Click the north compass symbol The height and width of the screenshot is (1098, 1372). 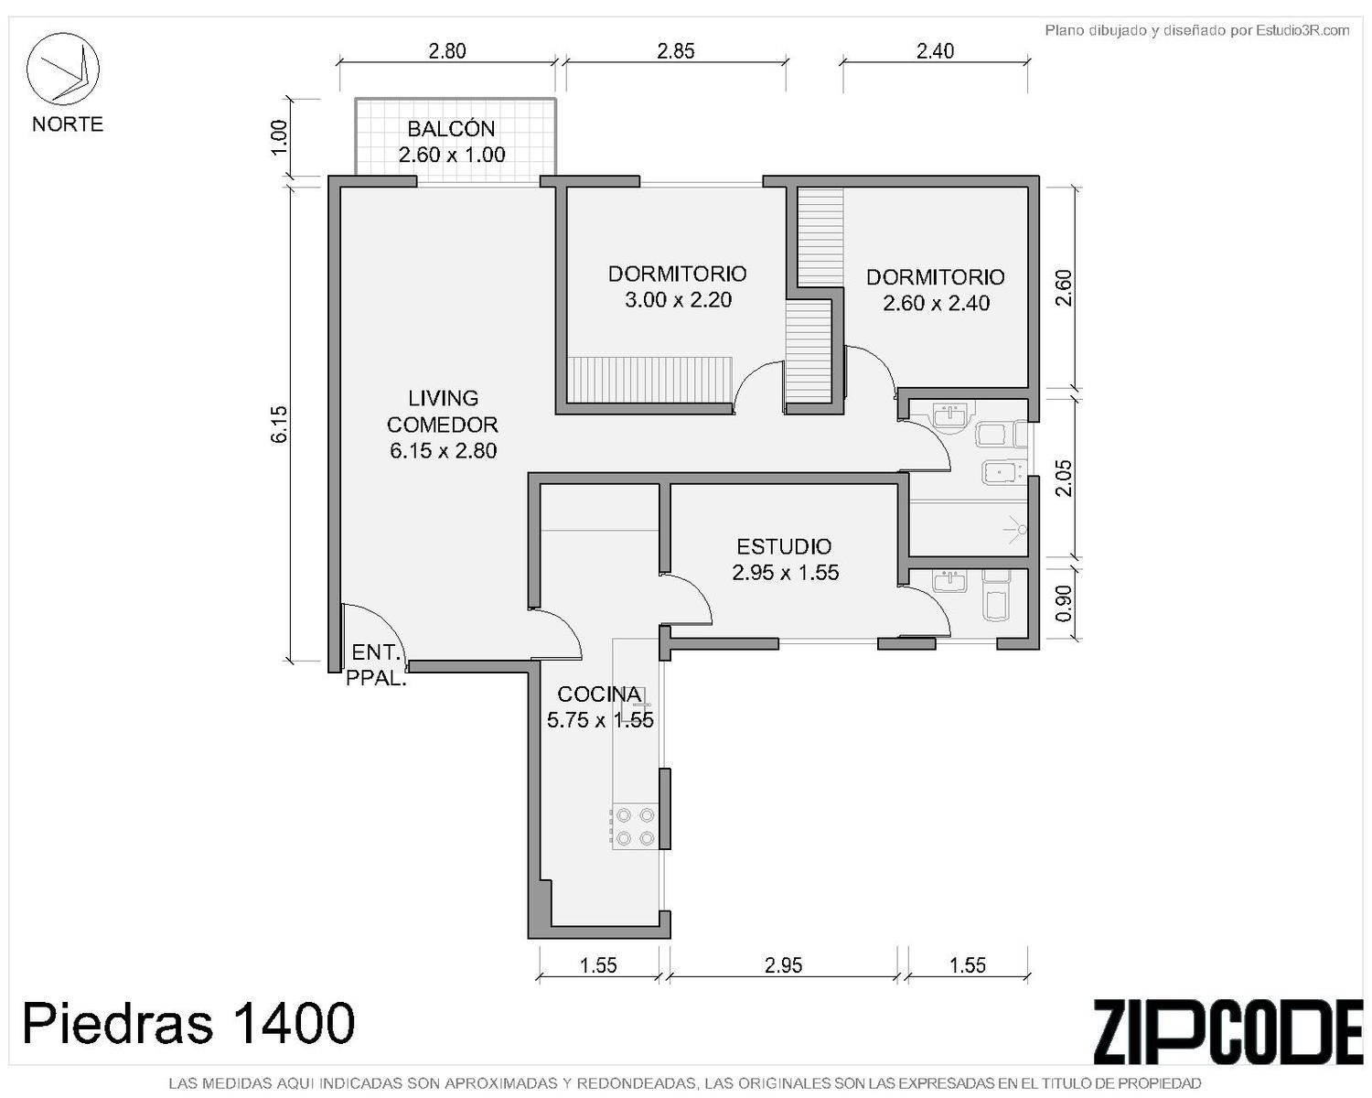(62, 69)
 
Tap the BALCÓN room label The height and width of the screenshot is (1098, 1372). (451, 129)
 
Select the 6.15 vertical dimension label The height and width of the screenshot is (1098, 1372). (279, 424)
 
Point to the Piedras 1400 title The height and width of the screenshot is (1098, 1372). (188, 1023)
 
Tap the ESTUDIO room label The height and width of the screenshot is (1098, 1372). (784, 547)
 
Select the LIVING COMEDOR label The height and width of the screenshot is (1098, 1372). (443, 412)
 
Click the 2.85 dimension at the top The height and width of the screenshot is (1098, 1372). (676, 51)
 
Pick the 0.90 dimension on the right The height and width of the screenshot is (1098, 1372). (1064, 603)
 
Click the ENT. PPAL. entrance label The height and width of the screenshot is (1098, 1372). (376, 665)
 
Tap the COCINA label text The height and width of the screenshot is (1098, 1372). (599, 694)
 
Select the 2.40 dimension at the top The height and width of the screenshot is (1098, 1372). (936, 51)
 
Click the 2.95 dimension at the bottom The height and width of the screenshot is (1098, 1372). (784, 965)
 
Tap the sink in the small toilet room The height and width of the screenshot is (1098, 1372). (950, 581)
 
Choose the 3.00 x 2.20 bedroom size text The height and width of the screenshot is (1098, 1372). (678, 300)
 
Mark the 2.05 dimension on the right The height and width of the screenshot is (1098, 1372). (1064, 479)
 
